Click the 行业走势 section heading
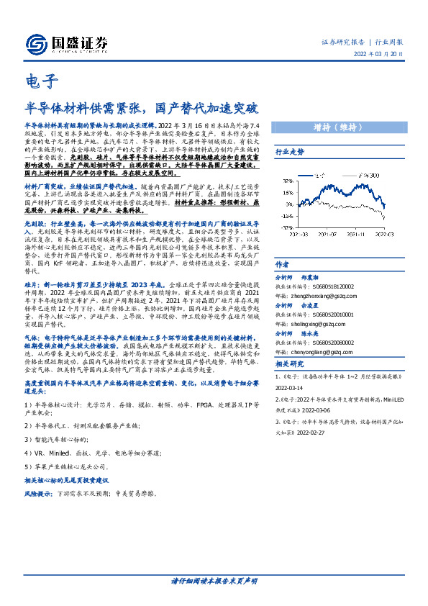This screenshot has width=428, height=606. click(x=291, y=153)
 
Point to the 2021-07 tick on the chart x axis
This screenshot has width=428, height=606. click(x=327, y=232)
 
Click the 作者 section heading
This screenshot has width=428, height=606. click(x=283, y=264)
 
